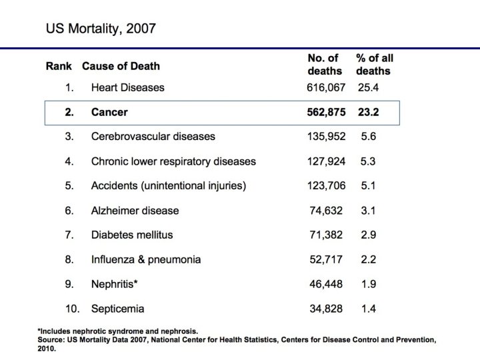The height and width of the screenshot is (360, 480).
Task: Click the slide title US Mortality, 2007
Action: point(101,29)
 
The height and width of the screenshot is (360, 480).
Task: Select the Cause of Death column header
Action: point(121,66)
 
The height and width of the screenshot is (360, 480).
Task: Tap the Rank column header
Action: point(59,66)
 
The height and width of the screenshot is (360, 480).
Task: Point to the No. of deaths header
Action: point(325,64)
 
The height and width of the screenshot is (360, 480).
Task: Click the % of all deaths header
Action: point(374,64)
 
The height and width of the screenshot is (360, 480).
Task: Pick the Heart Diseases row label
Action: point(127,87)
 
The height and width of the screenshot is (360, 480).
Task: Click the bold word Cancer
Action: point(109,112)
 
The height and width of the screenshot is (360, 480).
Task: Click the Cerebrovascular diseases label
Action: point(153,136)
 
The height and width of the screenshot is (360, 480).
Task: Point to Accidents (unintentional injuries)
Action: point(169,185)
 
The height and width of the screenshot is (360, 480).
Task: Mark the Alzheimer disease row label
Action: point(135,210)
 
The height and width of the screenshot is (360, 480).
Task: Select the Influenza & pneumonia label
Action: point(146,259)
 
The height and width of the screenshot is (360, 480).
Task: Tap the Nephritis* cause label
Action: point(114,284)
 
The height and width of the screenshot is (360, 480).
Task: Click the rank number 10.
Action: point(72,309)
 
